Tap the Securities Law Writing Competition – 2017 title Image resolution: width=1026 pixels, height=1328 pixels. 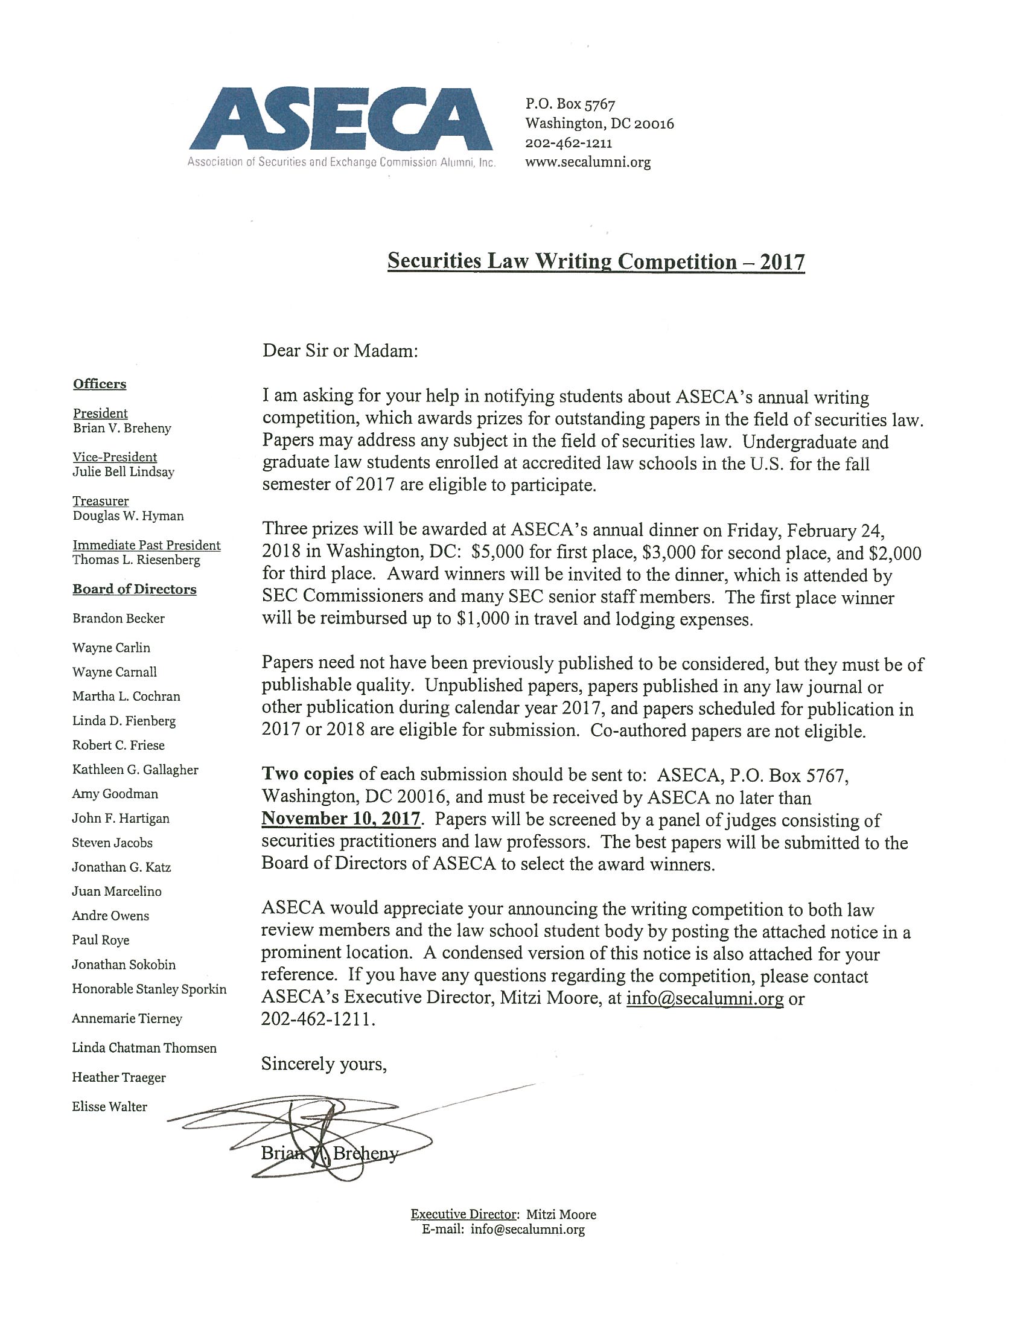tap(596, 261)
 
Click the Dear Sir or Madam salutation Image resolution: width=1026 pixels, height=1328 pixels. tap(340, 351)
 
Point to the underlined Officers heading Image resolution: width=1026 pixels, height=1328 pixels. tap(100, 384)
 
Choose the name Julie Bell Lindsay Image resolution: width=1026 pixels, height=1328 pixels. tap(123, 472)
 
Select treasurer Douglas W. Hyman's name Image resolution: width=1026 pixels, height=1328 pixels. tap(127, 516)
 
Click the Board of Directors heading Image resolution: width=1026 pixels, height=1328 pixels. tap(135, 589)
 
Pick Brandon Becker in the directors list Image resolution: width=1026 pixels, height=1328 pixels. tap(118, 618)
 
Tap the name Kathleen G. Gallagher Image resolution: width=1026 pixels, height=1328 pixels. tap(135, 769)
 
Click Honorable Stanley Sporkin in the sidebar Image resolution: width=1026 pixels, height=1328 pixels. tap(149, 989)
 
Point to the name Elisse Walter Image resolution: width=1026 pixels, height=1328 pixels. tap(109, 1106)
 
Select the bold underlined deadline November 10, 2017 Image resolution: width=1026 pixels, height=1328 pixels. tap(340, 819)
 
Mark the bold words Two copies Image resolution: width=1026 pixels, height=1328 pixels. tap(308, 774)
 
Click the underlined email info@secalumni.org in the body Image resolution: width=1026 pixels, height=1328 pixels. tap(704, 998)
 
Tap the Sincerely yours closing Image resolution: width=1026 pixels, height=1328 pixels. tap(324, 1064)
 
